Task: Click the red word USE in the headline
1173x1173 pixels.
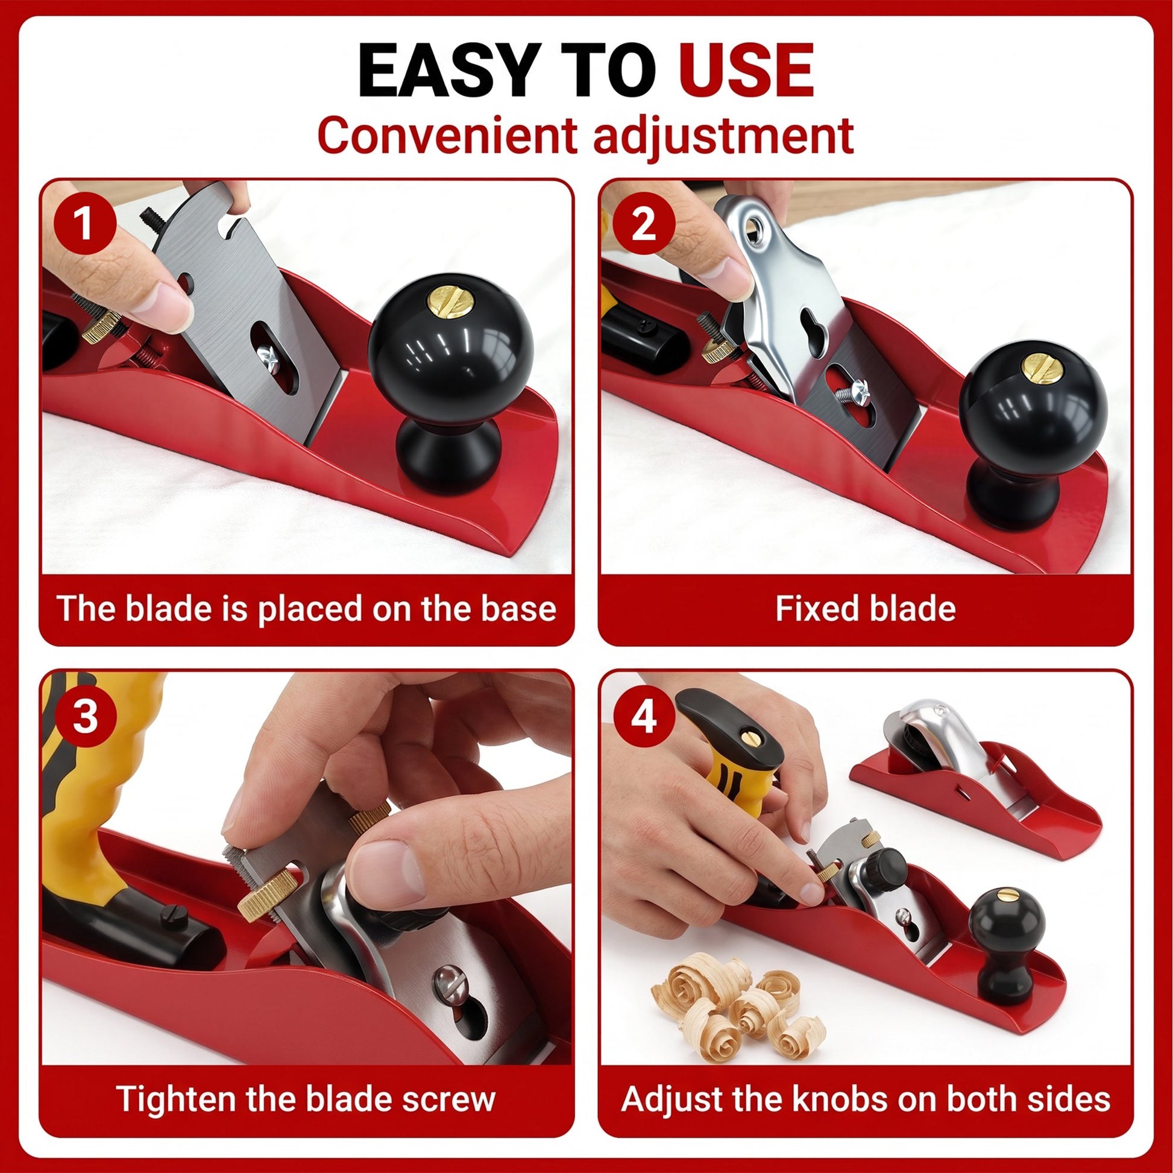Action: coord(746,71)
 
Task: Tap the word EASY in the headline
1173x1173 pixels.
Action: coord(438,71)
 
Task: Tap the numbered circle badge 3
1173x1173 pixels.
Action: coord(84,716)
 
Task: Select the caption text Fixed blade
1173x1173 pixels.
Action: coord(865,608)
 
